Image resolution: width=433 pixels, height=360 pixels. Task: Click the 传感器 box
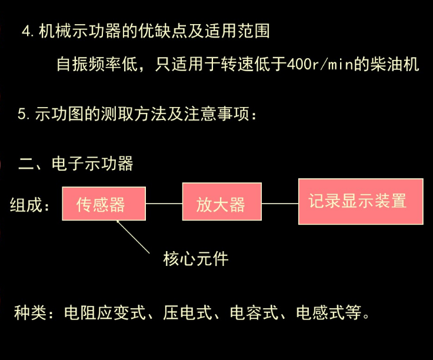[104, 204]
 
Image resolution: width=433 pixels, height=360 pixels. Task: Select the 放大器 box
[221, 204]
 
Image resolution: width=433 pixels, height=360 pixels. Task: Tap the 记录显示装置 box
[360, 201]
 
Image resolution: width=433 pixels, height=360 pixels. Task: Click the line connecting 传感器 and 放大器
[164, 204]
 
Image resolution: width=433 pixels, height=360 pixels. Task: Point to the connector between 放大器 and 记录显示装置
[279, 204]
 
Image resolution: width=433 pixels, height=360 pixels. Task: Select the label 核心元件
[195, 258]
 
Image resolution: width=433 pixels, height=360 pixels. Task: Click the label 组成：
[31, 205]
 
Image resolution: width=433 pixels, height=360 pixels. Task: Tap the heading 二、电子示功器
[76, 163]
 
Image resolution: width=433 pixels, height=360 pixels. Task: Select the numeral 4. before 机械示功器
[28, 31]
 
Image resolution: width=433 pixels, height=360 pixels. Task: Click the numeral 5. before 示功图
[24, 114]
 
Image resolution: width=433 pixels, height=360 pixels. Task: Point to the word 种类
[30, 311]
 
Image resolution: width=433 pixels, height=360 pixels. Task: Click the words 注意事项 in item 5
[225, 114]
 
